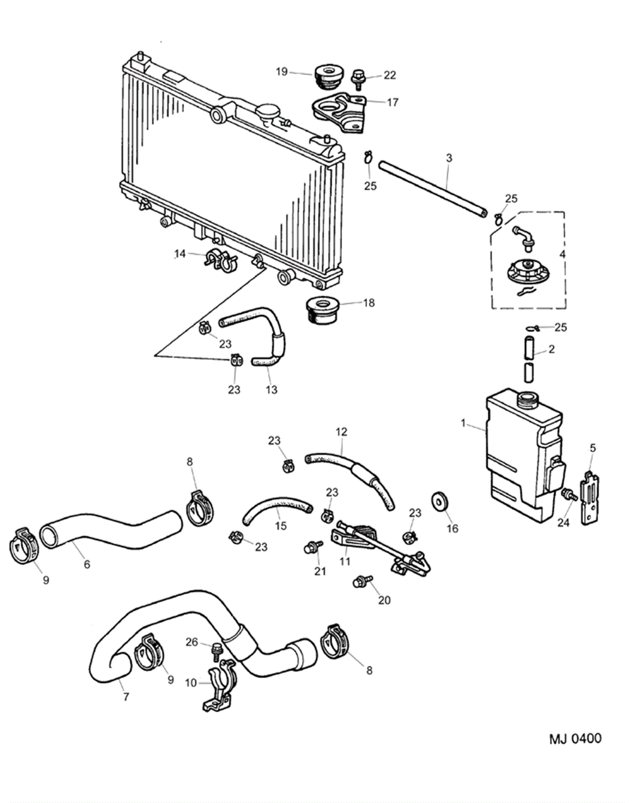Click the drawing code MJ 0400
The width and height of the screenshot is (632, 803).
(575, 738)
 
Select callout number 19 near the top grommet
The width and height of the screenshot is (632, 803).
(282, 72)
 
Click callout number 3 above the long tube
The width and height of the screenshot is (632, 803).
(449, 158)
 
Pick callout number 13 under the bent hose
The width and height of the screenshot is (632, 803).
(271, 389)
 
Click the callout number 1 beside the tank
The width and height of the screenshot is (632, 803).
(463, 423)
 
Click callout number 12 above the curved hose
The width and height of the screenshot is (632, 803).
(341, 432)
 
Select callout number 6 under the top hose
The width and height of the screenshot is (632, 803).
(87, 564)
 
